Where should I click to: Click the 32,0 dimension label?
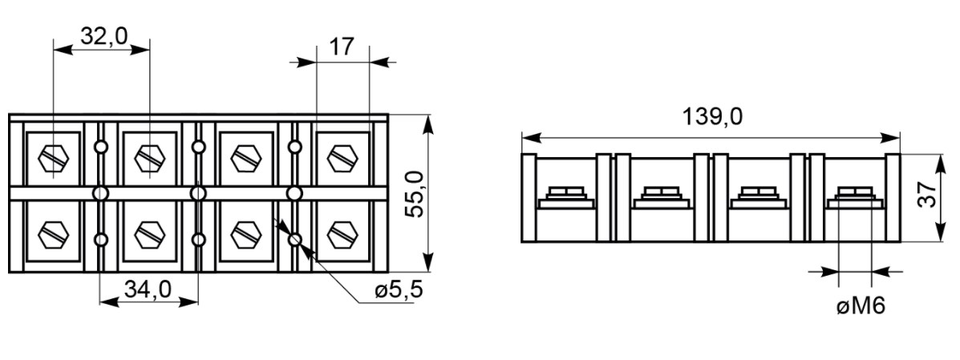click(x=104, y=36)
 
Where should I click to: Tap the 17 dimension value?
click(x=342, y=47)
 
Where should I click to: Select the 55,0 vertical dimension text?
click(x=415, y=193)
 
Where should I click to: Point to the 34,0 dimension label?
click(x=148, y=289)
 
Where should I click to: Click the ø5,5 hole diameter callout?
click(x=399, y=289)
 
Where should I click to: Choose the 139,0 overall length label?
click(x=712, y=115)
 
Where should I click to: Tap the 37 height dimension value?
click(x=928, y=196)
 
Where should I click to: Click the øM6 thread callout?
click(x=861, y=306)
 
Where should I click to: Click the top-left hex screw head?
click(x=53, y=160)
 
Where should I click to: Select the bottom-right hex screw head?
click(x=342, y=234)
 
